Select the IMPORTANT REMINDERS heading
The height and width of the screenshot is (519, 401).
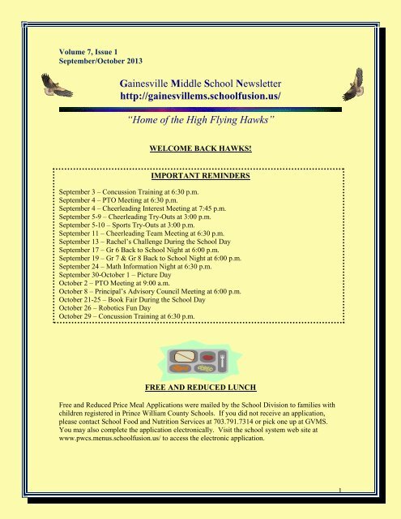198,175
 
